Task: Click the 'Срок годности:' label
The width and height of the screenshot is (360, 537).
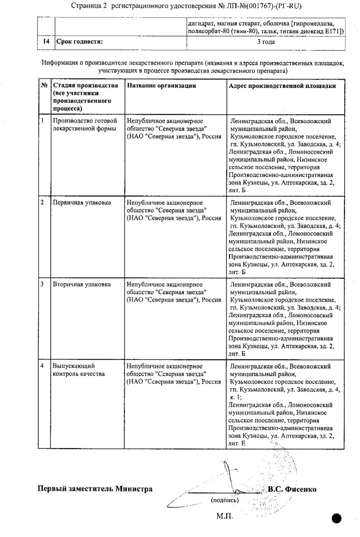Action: (x=80, y=42)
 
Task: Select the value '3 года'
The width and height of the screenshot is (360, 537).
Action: (x=266, y=42)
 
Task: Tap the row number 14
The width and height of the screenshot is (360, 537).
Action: (x=46, y=42)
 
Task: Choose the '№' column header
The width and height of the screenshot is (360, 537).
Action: (x=44, y=86)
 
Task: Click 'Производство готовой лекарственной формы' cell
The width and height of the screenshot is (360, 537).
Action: (x=85, y=125)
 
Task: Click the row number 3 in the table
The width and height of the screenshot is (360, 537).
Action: (x=43, y=284)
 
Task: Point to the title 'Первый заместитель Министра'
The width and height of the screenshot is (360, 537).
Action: (x=95, y=489)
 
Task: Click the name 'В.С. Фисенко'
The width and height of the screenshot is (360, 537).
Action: (x=292, y=489)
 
